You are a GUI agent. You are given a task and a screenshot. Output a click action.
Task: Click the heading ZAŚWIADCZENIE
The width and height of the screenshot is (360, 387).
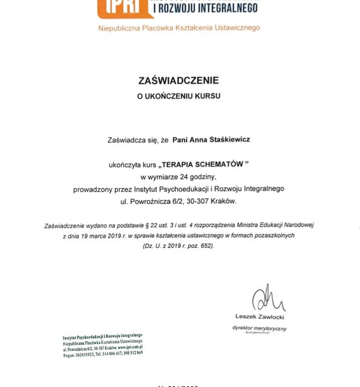click(x=180, y=80)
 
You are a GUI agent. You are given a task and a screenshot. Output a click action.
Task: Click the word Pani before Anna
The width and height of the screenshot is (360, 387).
click(x=180, y=140)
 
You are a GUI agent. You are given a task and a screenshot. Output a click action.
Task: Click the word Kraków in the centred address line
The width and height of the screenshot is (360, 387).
click(x=228, y=201)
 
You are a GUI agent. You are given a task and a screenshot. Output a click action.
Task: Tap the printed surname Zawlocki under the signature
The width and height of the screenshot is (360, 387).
click(x=270, y=316)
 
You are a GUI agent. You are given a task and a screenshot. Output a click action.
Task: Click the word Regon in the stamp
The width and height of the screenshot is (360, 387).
click(x=70, y=355)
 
